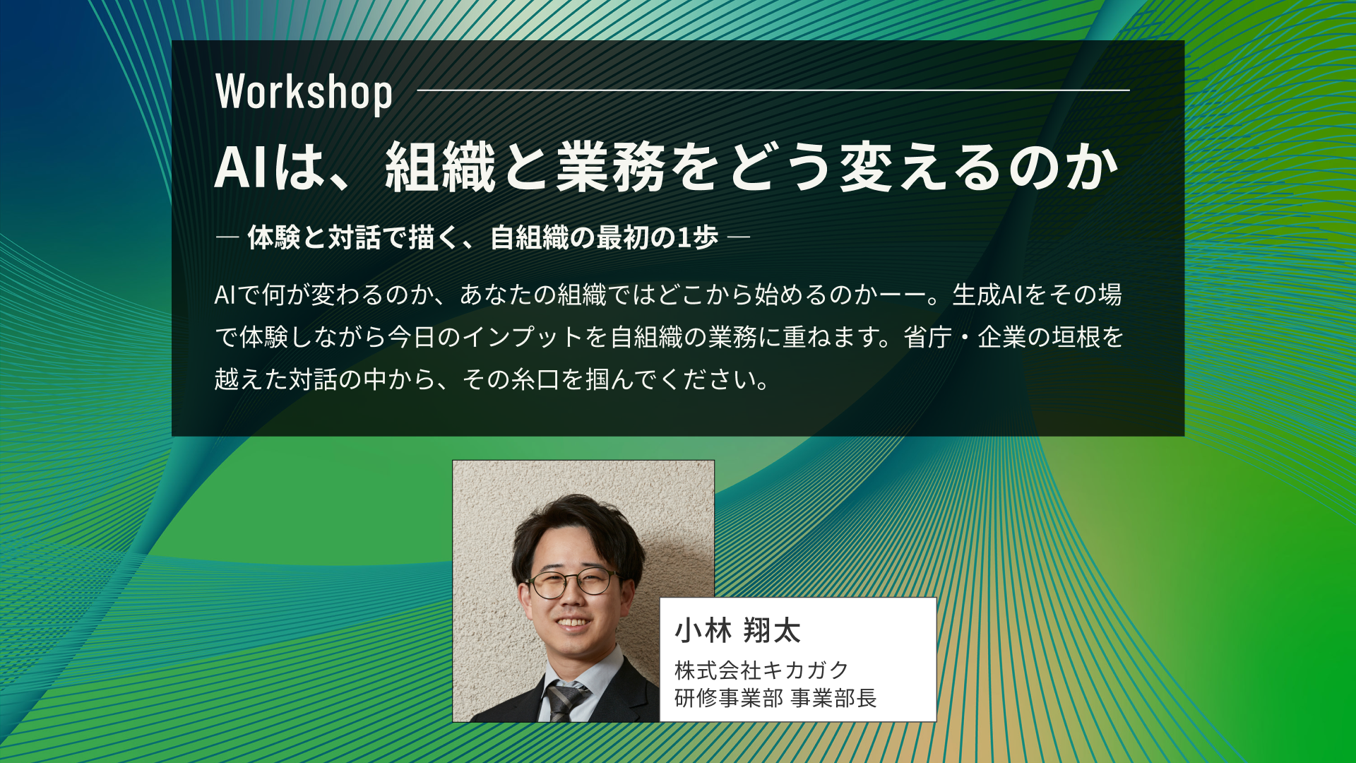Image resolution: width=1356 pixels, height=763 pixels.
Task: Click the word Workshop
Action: coord(304,93)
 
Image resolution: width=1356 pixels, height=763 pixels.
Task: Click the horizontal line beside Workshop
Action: coord(773,90)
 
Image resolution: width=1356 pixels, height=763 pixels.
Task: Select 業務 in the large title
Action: coord(611,168)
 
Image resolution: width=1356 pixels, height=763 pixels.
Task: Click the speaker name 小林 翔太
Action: coord(737,630)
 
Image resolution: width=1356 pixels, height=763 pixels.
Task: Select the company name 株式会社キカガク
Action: coord(761,670)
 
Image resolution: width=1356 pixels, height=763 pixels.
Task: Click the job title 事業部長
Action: coord(834,698)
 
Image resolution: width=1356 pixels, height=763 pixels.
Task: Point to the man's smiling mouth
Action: coord(573,623)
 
